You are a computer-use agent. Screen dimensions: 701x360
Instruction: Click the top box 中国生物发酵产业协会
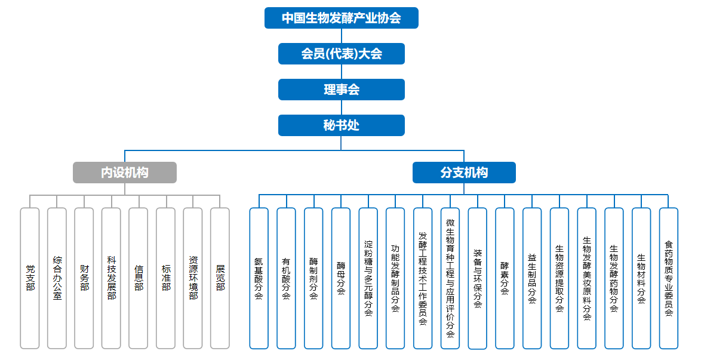(341, 18)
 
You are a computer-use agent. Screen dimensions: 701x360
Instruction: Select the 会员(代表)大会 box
(341, 54)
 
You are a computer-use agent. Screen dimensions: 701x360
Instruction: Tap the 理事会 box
(341, 90)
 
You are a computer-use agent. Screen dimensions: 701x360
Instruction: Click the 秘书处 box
(341, 125)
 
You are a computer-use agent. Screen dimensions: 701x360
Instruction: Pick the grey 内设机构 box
(125, 173)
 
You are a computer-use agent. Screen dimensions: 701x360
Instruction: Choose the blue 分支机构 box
(464, 173)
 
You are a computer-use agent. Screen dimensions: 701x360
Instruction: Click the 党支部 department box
(30, 278)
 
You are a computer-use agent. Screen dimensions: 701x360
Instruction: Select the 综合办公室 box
(57, 278)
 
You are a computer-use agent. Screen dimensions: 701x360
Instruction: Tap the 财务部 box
(84, 278)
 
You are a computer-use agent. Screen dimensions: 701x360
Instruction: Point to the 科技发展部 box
(111, 278)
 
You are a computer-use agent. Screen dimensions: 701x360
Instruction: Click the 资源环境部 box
(193, 278)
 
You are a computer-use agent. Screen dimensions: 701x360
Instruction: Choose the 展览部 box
(220, 278)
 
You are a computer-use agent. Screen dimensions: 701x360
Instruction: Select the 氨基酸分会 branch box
(259, 278)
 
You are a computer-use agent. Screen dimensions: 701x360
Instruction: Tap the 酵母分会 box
(341, 278)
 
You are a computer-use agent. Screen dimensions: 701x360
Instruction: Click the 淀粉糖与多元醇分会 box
(368, 278)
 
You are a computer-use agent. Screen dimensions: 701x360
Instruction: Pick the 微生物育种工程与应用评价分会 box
(450, 278)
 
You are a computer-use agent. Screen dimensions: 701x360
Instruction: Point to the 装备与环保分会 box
(478, 278)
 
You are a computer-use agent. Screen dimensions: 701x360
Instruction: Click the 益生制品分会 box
(532, 278)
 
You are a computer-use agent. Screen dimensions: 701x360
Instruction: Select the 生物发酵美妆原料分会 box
(586, 278)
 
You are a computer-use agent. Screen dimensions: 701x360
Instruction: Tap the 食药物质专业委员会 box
(668, 278)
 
